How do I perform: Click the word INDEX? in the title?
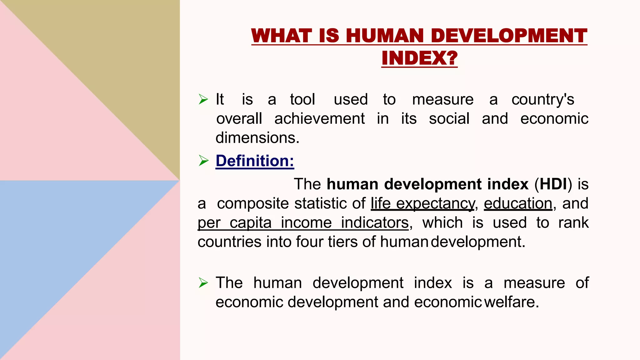click(419, 58)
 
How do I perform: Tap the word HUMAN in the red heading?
click(387, 36)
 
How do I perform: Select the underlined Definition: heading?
click(255, 161)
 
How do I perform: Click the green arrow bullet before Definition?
click(203, 161)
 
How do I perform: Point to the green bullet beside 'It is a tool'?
click(203, 100)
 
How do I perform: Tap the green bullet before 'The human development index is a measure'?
click(203, 283)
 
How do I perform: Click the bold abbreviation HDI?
click(553, 184)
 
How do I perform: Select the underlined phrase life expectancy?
click(422, 203)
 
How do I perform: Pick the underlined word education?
click(518, 203)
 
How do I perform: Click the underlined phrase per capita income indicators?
click(303, 223)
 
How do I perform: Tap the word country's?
click(543, 100)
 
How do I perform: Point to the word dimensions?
click(257, 138)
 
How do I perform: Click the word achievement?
click(319, 119)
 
